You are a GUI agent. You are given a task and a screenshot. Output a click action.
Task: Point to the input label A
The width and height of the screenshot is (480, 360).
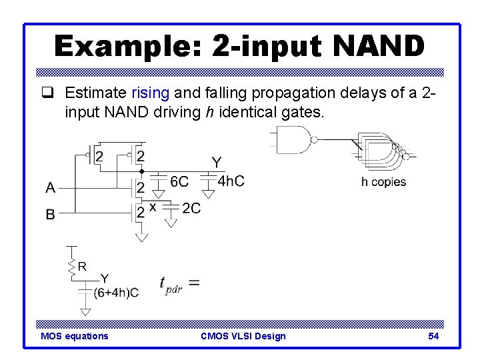pos(51,188)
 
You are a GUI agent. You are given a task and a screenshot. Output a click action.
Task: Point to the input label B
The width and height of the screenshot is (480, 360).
pos(51,215)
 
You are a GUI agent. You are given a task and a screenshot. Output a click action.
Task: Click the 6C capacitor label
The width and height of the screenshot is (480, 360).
pos(179,181)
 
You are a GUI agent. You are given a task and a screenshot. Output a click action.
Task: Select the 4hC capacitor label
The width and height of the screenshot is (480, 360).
pos(231,181)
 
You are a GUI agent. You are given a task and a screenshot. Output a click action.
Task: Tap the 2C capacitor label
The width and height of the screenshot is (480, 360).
pos(191,209)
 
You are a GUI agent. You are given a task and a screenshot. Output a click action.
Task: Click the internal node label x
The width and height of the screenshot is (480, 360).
pos(153,207)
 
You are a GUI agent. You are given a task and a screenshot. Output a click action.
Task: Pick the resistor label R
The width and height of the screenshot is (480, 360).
pos(82,266)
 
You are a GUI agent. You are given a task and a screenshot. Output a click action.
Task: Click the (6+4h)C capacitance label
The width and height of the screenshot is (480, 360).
pos(116,292)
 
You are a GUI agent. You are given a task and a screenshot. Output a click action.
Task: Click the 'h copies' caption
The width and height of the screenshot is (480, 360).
pos(383,182)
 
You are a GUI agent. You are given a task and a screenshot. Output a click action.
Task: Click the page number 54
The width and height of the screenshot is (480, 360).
pos(433,336)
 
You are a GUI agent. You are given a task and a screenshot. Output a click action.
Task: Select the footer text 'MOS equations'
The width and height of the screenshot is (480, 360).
pos(74,336)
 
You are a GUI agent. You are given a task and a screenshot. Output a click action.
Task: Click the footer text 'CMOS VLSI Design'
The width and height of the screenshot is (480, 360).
pos(243,336)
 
